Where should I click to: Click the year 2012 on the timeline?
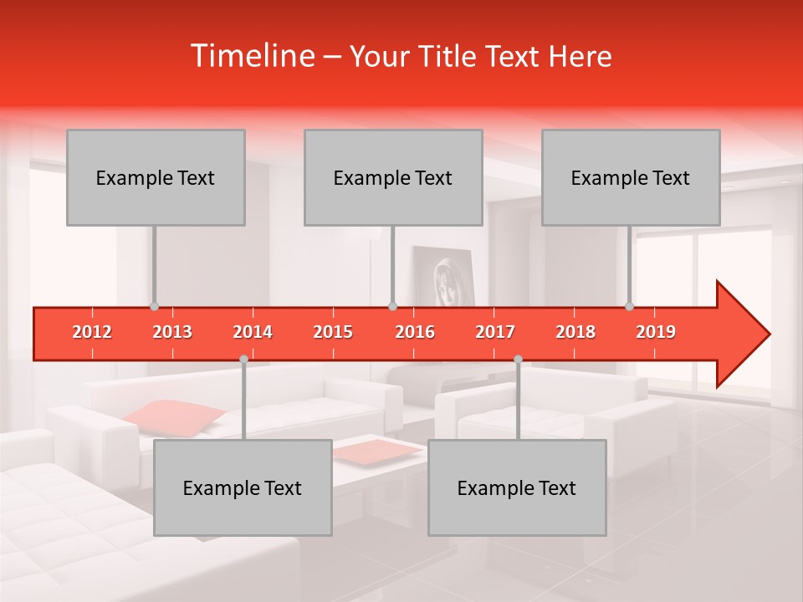click(92, 332)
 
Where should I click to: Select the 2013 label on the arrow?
click(172, 332)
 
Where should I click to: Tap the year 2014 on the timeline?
click(253, 332)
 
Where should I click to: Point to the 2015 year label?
click(333, 332)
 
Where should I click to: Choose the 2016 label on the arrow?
click(415, 332)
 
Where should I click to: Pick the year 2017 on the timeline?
click(495, 332)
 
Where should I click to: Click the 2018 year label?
click(575, 332)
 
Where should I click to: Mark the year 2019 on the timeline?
click(656, 332)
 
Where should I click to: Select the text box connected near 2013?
click(156, 177)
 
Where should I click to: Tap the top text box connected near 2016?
click(393, 177)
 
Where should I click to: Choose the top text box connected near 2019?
click(631, 177)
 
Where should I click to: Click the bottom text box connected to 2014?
click(243, 487)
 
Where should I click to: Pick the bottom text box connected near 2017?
click(517, 487)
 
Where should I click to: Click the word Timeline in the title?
click(251, 56)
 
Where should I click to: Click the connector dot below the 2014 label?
click(243, 359)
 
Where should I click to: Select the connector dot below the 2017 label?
click(518, 359)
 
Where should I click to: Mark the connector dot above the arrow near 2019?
click(630, 306)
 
